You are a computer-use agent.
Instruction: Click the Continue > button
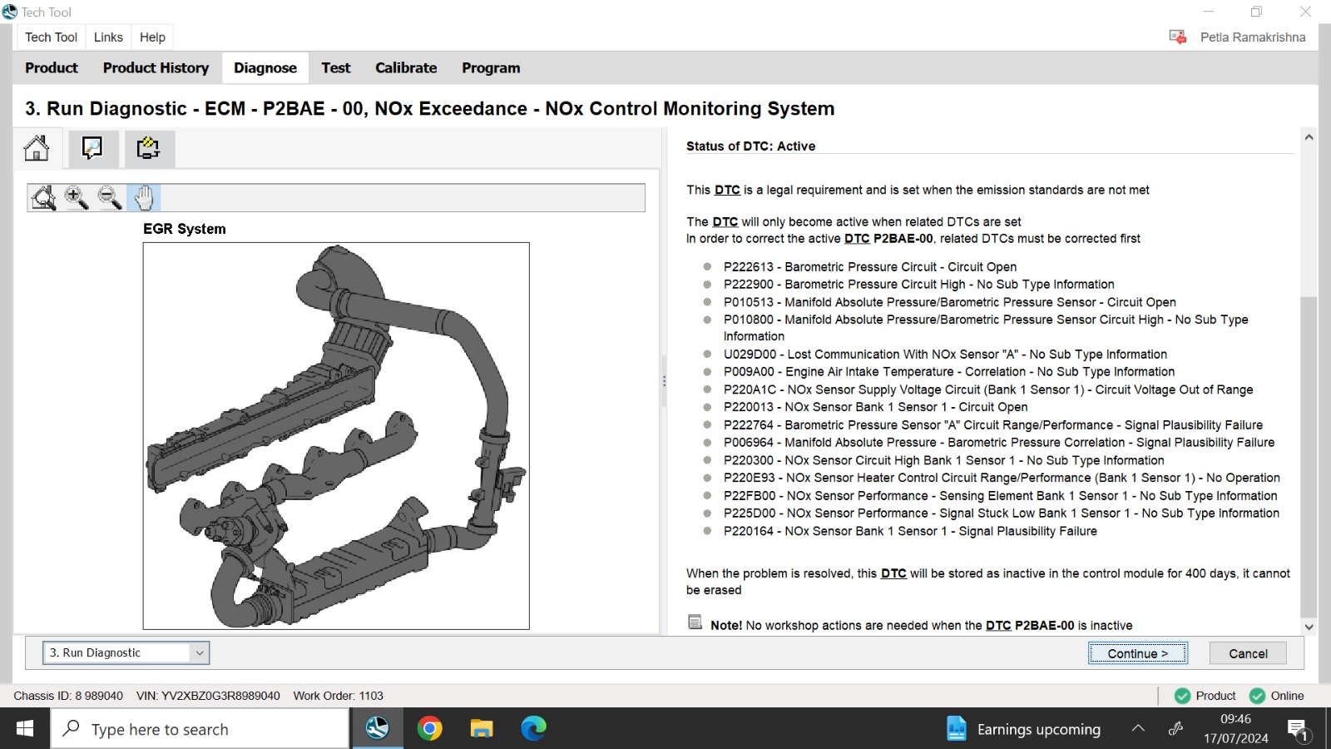point(1138,653)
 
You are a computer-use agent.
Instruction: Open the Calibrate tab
point(406,67)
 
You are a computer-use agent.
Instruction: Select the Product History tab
point(156,67)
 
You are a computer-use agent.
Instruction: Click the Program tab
point(491,67)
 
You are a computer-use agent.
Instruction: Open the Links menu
point(108,37)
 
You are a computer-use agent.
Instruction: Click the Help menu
point(152,37)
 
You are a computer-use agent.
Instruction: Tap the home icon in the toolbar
point(37,148)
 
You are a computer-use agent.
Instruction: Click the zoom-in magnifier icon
point(77,198)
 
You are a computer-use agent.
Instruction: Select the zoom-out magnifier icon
point(110,198)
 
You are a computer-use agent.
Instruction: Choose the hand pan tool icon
point(144,198)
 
